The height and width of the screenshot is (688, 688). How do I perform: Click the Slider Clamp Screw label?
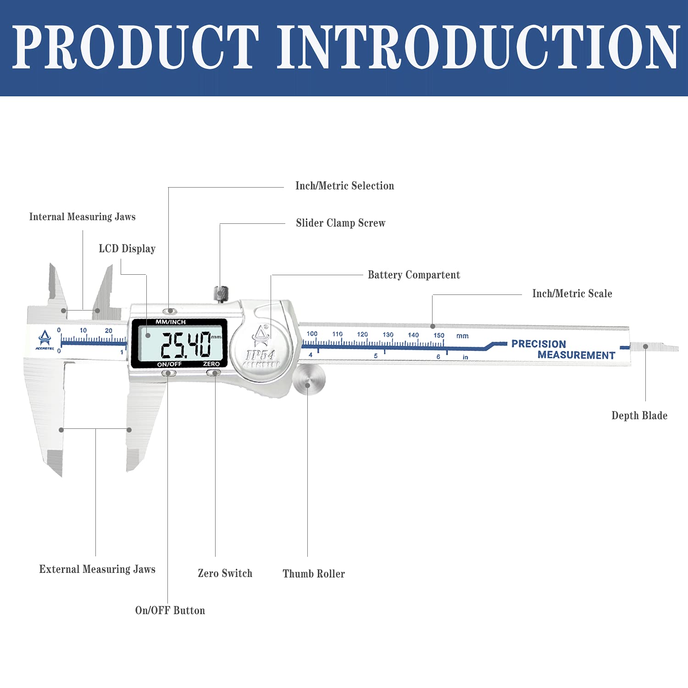[341, 223]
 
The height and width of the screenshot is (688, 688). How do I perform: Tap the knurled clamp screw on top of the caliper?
[221, 293]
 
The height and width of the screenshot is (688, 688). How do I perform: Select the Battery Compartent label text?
[414, 275]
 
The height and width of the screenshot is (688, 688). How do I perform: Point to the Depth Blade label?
[639, 416]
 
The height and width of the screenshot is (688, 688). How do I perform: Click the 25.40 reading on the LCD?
[185, 344]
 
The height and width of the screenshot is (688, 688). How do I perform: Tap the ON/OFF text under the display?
[169, 364]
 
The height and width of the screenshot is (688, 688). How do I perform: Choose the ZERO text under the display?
[211, 364]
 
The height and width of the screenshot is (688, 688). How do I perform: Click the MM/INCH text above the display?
[171, 322]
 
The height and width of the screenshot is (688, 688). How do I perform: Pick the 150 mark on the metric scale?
[439, 335]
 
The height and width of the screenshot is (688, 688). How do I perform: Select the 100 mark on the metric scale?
[312, 333]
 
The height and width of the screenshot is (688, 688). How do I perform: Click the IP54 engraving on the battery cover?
[260, 355]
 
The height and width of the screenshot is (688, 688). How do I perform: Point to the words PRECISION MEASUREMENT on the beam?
[563, 350]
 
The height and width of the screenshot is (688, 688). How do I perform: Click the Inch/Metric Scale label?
[572, 294]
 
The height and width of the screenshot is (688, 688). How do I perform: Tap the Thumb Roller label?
[314, 574]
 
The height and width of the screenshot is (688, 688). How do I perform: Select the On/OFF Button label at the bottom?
[170, 610]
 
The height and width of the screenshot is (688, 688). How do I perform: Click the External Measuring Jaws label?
[97, 569]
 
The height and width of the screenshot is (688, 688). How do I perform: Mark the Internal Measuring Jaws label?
[83, 217]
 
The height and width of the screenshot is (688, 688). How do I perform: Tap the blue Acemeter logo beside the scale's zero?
[45, 340]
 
